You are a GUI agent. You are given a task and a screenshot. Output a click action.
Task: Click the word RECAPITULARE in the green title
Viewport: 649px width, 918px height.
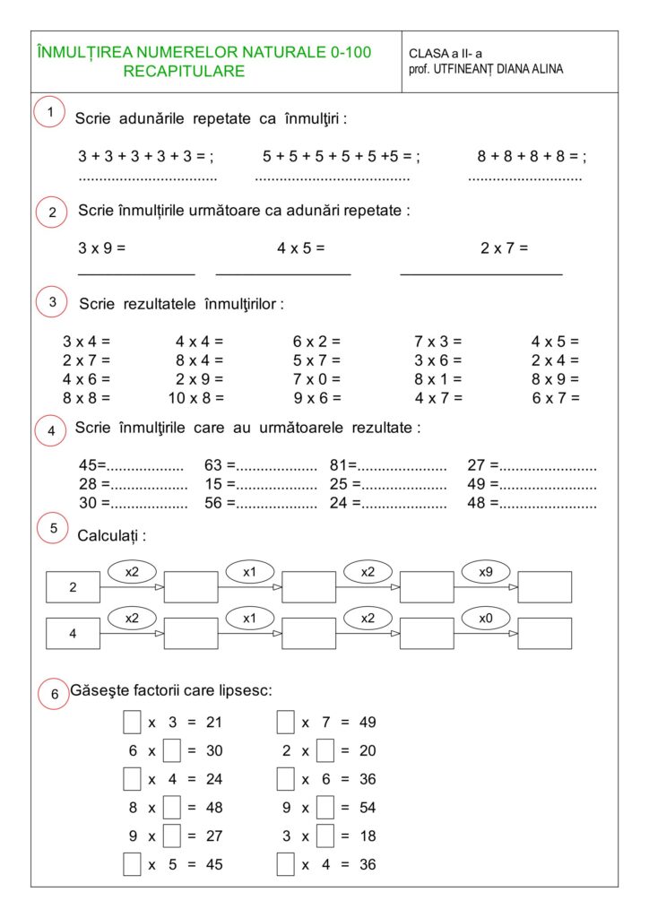[184, 71]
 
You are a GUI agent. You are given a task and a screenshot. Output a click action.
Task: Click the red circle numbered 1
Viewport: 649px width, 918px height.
[50, 112]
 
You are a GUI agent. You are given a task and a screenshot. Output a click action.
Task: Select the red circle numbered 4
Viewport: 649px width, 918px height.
[51, 431]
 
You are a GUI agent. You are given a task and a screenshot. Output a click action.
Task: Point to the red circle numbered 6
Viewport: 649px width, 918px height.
[54, 694]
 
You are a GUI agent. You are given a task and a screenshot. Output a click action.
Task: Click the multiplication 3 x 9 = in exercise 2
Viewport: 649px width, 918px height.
[101, 247]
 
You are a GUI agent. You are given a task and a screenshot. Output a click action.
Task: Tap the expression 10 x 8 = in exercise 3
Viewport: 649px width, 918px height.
[196, 397]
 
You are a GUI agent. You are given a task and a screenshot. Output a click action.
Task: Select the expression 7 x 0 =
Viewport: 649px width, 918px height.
[316, 378]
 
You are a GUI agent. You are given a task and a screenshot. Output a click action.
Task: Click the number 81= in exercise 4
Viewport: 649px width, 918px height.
[343, 465]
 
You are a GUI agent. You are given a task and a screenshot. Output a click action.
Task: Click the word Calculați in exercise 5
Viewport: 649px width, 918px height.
[111, 536]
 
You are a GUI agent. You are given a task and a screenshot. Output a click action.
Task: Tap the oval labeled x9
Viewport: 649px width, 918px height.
[486, 571]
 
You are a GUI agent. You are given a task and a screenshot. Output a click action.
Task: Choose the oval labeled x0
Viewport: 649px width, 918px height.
[486, 618]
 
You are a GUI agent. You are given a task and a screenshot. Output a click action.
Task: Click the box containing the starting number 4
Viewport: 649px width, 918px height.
[73, 633]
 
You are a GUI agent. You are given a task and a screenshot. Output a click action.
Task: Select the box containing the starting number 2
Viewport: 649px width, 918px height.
[73, 587]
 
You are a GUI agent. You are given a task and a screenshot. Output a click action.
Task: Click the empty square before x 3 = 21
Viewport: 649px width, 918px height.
[132, 722]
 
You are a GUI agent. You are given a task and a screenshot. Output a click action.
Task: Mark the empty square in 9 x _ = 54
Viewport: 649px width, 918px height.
[325, 808]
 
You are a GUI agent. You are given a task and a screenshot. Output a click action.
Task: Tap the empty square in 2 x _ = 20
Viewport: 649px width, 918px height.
[325, 750]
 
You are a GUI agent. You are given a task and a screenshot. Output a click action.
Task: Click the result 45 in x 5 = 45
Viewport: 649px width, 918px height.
[213, 865]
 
